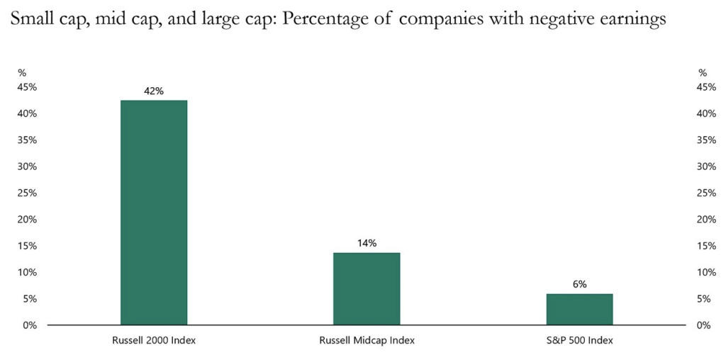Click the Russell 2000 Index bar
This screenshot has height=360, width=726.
click(154, 213)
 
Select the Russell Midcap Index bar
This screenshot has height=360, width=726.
click(367, 288)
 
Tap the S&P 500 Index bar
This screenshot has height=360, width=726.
click(579, 309)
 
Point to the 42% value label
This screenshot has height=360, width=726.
click(154, 91)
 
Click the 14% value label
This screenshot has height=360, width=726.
click(367, 243)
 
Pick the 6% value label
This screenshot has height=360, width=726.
click(579, 284)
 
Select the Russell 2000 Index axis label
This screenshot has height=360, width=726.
click(154, 340)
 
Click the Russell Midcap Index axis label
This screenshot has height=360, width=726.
click(367, 340)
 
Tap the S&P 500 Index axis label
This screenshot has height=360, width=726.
click(579, 340)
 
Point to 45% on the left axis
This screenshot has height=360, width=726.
click(28, 87)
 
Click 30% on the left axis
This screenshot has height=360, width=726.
click(28, 167)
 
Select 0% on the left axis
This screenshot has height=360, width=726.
click(30, 325)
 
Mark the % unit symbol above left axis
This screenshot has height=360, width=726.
click(22, 72)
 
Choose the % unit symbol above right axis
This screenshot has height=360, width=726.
click(703, 72)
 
